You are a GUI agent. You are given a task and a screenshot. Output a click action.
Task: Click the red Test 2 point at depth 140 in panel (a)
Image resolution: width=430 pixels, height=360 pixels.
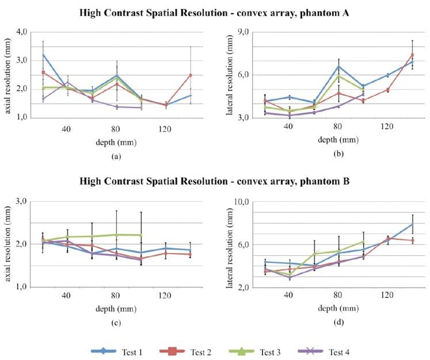point(190,75)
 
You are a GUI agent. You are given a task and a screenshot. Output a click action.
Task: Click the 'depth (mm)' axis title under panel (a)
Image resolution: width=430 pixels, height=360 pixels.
point(116,141)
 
